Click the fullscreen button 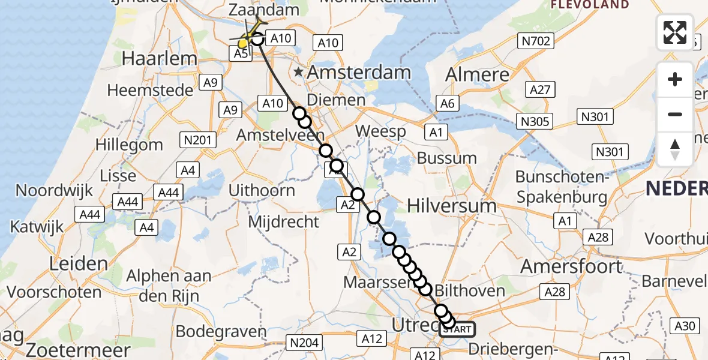point(675,32)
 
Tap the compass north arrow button point(675,149)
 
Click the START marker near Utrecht point(458,329)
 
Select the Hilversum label point(452,206)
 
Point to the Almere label point(478,75)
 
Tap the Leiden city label point(79,263)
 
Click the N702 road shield point(535,41)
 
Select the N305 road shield point(535,122)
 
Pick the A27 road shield point(540,90)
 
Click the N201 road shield point(198,140)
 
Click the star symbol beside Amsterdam point(298,73)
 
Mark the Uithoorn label point(265,191)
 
